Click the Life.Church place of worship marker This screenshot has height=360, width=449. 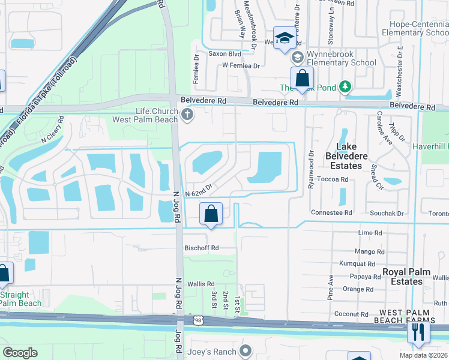(x=187, y=115)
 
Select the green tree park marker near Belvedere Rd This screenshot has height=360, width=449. (x=345, y=88)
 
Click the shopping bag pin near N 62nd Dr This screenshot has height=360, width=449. (x=211, y=214)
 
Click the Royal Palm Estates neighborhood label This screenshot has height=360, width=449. (x=407, y=276)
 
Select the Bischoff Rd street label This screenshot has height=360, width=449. (x=202, y=247)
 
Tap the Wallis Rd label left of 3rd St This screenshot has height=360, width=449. (x=201, y=284)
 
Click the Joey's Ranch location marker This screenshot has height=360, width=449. (x=246, y=350)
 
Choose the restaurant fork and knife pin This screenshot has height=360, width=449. (x=418, y=332)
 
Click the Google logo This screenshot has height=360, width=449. (x=20, y=353)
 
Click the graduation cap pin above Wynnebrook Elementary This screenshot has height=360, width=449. (x=285, y=38)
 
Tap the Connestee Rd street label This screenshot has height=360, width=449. (x=331, y=213)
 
